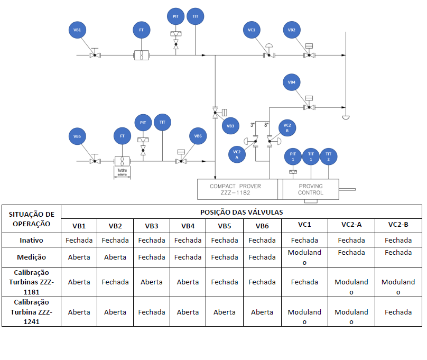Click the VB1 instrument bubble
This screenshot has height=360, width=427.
pos(77,30)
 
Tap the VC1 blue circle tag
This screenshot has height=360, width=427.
pos(252,30)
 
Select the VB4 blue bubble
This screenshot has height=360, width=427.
pos(292,82)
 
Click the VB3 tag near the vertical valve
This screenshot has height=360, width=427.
pos(230,126)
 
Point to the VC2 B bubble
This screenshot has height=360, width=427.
pos(287,128)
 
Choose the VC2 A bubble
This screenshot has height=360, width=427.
pos(237,155)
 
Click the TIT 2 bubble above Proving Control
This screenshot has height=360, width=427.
pos(329,156)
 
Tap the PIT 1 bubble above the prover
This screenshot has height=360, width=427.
pos(293,156)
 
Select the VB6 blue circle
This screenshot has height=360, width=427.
pos(198,136)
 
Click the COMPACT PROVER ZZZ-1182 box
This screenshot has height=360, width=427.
pos(237,189)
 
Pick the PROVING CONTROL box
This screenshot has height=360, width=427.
pos(311,189)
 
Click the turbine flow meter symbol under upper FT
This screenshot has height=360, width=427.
pos(142,56)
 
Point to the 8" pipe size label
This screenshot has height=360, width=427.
pos(266,125)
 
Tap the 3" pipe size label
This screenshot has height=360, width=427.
pos(253,125)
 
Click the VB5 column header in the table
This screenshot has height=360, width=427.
pos(225,226)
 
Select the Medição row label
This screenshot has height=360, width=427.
pos(31,257)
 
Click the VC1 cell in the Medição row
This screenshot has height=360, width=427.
pos(304,257)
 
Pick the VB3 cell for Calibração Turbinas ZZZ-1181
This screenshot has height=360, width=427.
pos(152,282)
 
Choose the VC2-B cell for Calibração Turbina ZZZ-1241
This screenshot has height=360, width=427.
pos(398,312)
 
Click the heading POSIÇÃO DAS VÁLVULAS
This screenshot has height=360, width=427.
pos(242,212)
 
